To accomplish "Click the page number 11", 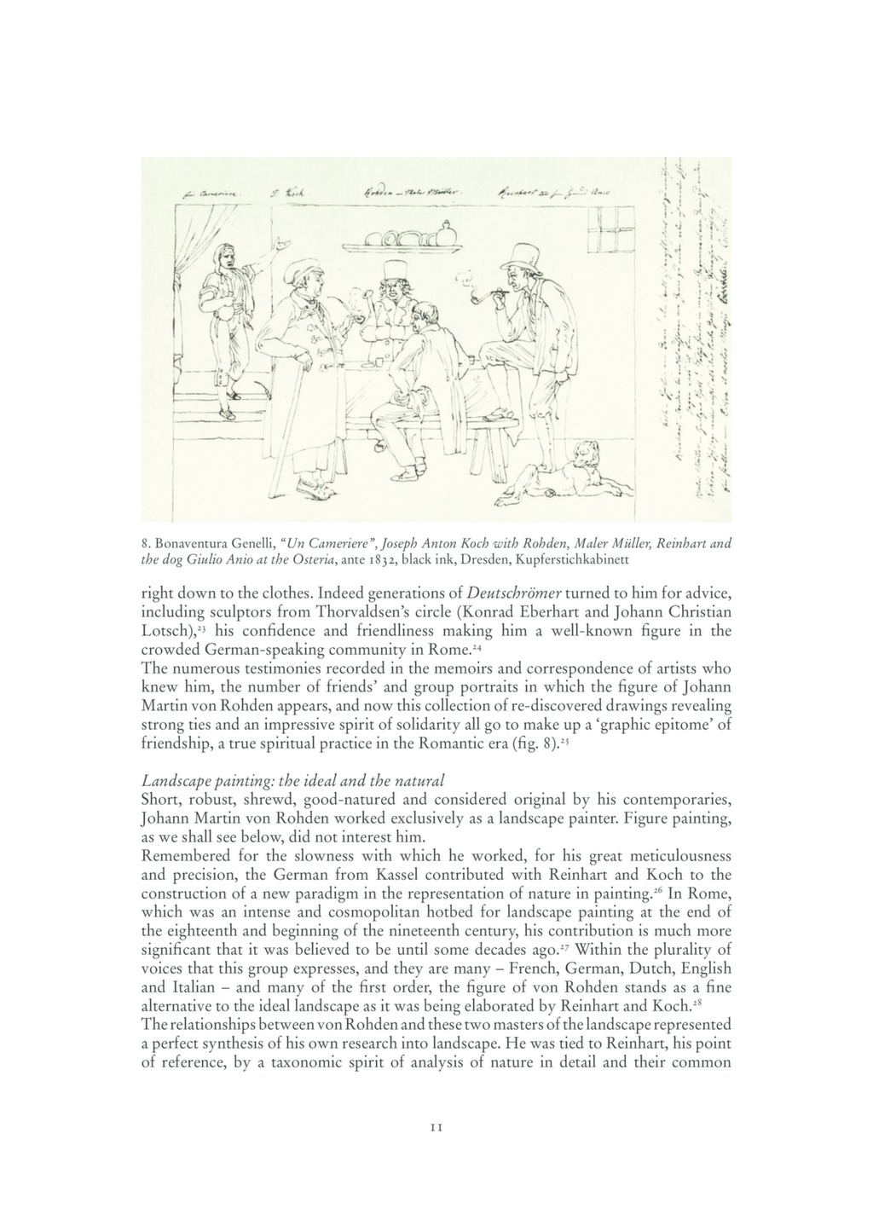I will (x=436, y=1127).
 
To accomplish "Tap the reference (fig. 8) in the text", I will (x=536, y=743).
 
